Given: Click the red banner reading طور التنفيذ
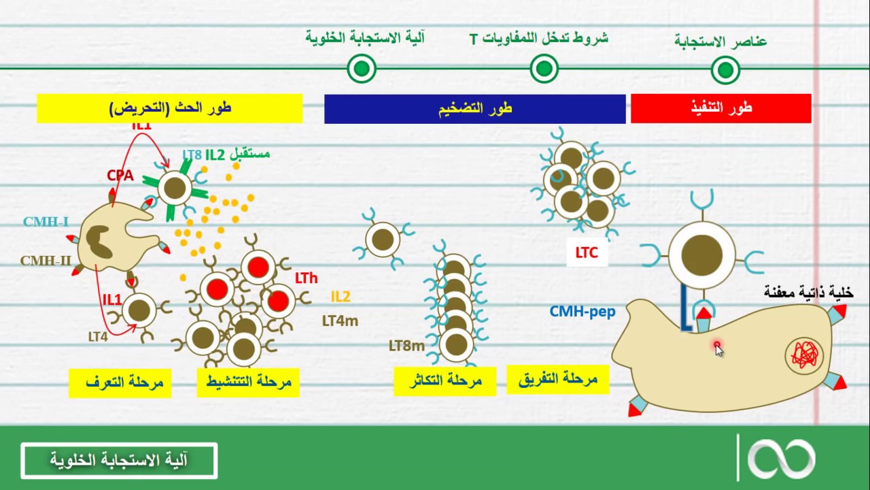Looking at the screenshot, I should pyautogui.click(x=720, y=108).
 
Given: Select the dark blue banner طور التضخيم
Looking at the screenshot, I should pyautogui.click(x=474, y=109).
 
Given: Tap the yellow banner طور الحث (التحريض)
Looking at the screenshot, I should pyautogui.click(x=169, y=108).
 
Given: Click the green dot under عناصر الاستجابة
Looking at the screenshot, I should pyautogui.click(x=725, y=69).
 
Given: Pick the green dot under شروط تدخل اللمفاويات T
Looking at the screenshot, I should pyautogui.click(x=544, y=68).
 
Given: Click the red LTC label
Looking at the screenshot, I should pyautogui.click(x=586, y=253).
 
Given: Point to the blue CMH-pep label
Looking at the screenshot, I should pyautogui.click(x=582, y=312).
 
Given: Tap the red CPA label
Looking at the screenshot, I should pyautogui.click(x=120, y=176).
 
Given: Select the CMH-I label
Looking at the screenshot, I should pyautogui.click(x=46, y=222).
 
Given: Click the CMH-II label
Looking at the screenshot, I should pyautogui.click(x=46, y=261).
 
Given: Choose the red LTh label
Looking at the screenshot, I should pyautogui.click(x=306, y=278).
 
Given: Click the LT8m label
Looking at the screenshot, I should pyautogui.click(x=406, y=346).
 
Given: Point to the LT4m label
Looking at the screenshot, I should pyautogui.click(x=340, y=321).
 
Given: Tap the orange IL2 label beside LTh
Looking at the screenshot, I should pyautogui.click(x=341, y=297).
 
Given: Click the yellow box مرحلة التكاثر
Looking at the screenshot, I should pyautogui.click(x=445, y=381).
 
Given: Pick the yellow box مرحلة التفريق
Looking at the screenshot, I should pyautogui.click(x=557, y=379).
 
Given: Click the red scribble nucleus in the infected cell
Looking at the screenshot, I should pyautogui.click(x=804, y=355).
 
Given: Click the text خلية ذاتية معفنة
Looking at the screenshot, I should pyautogui.click(x=808, y=293).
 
